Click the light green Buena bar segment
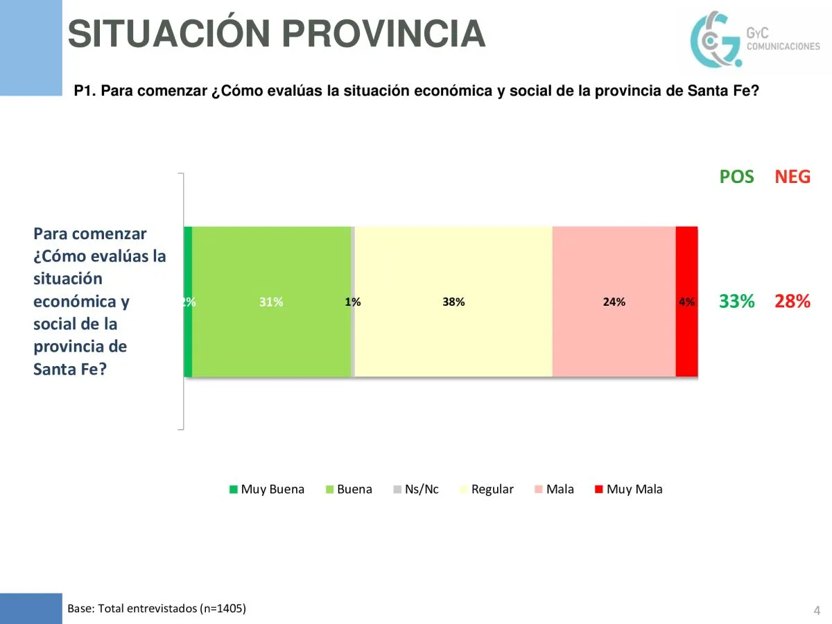point(271,263)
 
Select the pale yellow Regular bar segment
point(453,263)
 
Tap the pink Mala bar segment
point(614,263)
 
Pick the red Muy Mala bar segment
point(686,263)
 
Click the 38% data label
point(453,302)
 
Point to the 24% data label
point(614,302)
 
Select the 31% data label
point(271,302)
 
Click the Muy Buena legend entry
point(267,489)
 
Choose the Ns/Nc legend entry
point(416,489)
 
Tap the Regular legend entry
point(487,489)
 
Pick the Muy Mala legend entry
point(628,489)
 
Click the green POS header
point(736,177)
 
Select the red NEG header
point(792,177)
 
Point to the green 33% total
point(736,302)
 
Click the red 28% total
point(792,302)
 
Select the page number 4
point(817,611)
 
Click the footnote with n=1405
point(157,609)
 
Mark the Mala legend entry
point(554,489)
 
